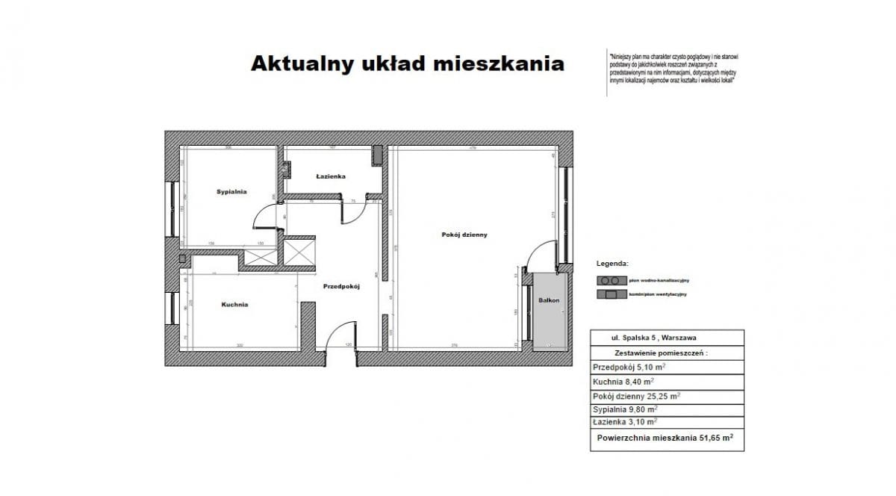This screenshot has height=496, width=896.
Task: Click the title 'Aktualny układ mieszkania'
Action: tap(407, 64)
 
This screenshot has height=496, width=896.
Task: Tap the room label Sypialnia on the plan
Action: tap(231, 192)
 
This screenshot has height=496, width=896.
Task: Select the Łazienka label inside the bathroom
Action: tap(330, 177)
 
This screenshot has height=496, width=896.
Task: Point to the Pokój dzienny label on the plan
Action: tap(464, 235)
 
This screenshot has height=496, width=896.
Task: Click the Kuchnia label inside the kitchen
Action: tap(234, 305)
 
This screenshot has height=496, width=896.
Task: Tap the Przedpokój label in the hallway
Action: tap(342, 286)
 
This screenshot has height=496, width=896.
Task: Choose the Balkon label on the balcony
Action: tap(549, 300)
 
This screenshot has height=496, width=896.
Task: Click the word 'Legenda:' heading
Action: tap(612, 264)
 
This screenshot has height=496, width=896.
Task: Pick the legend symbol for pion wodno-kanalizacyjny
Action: tap(609, 280)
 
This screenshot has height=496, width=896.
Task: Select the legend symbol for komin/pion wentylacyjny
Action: tap(609, 294)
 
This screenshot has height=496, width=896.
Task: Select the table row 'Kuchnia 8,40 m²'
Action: tap(623, 382)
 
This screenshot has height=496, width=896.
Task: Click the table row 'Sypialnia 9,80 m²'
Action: tap(625, 410)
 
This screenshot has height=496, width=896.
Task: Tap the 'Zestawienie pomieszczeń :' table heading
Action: tap(660, 352)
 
